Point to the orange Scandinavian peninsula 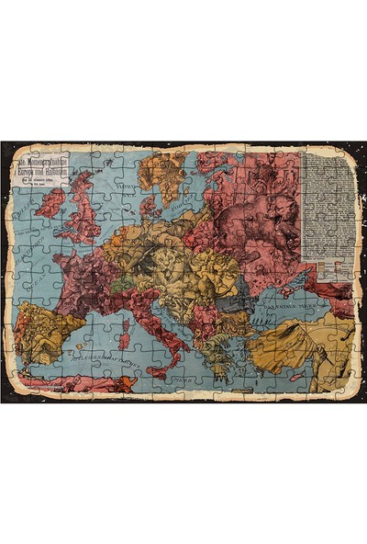(x=165, y=175)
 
